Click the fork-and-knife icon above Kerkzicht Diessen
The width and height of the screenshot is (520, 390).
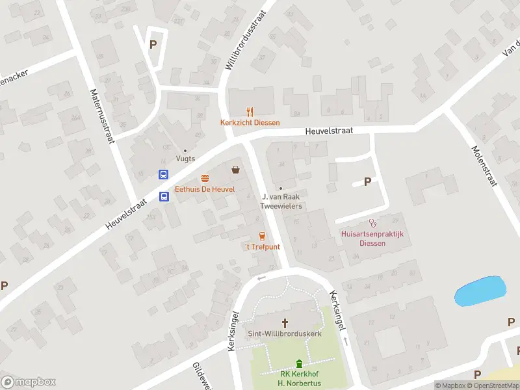250,112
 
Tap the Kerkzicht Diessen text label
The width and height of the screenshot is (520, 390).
250,123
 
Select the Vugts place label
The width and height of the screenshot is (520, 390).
185,158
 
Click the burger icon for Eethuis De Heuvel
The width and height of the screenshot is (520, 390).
205,178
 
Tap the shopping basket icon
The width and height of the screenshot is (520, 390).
235,170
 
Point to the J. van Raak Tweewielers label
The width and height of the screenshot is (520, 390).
281,201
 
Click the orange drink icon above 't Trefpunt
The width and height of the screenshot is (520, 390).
262,236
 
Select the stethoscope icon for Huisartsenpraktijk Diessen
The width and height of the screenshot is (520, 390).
372,223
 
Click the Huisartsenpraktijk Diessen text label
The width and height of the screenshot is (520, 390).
372,239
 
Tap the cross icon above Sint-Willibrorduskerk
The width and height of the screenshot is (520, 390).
285,322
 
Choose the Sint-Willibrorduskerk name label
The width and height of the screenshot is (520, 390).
285,333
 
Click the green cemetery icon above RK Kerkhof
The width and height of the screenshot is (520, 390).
299,363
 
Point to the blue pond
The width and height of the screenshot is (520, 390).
480,291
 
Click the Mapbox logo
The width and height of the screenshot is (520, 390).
29,382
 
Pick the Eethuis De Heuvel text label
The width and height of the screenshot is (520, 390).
205,190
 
